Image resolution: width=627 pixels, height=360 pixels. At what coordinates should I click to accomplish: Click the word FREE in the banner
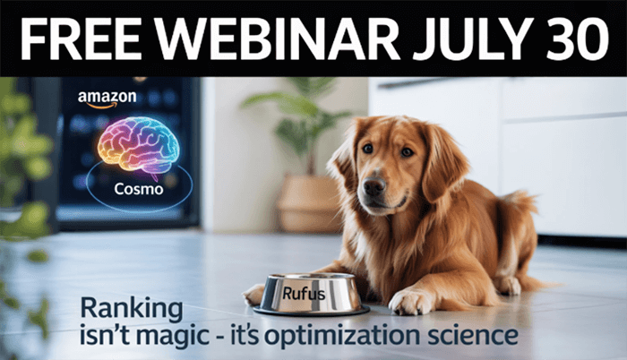[80, 39]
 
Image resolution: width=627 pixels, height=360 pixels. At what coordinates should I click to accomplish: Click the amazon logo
[107, 99]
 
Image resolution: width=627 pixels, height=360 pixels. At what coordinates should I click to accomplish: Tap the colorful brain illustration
[138, 145]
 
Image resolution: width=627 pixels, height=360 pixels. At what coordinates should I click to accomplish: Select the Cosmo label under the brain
[138, 189]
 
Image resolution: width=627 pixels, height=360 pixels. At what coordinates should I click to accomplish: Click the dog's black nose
[374, 186]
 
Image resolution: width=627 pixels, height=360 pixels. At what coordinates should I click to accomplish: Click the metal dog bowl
[311, 294]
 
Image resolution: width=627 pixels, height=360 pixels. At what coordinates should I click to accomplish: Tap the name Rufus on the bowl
[304, 294]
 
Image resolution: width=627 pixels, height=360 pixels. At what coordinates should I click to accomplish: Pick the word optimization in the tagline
[342, 337]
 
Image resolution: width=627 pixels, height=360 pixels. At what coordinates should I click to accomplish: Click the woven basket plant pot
[309, 204]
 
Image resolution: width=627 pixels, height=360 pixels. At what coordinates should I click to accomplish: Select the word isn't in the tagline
[104, 336]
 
